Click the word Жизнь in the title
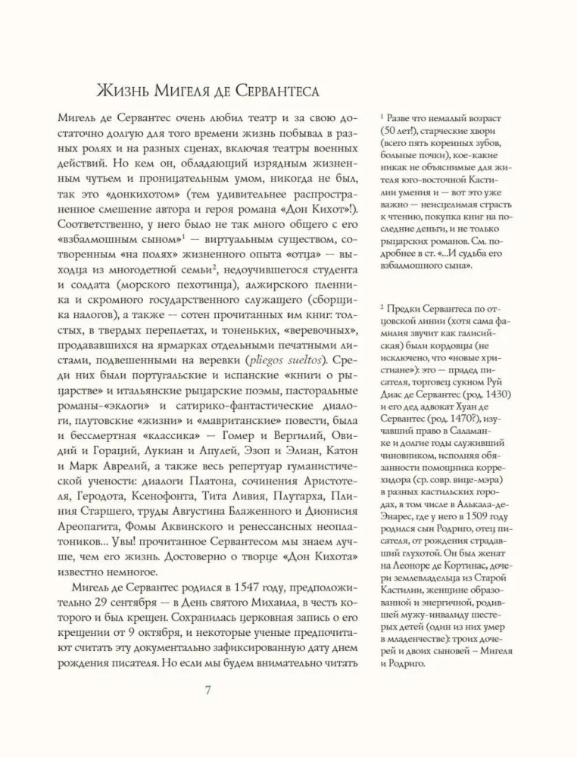tap(129, 92)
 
